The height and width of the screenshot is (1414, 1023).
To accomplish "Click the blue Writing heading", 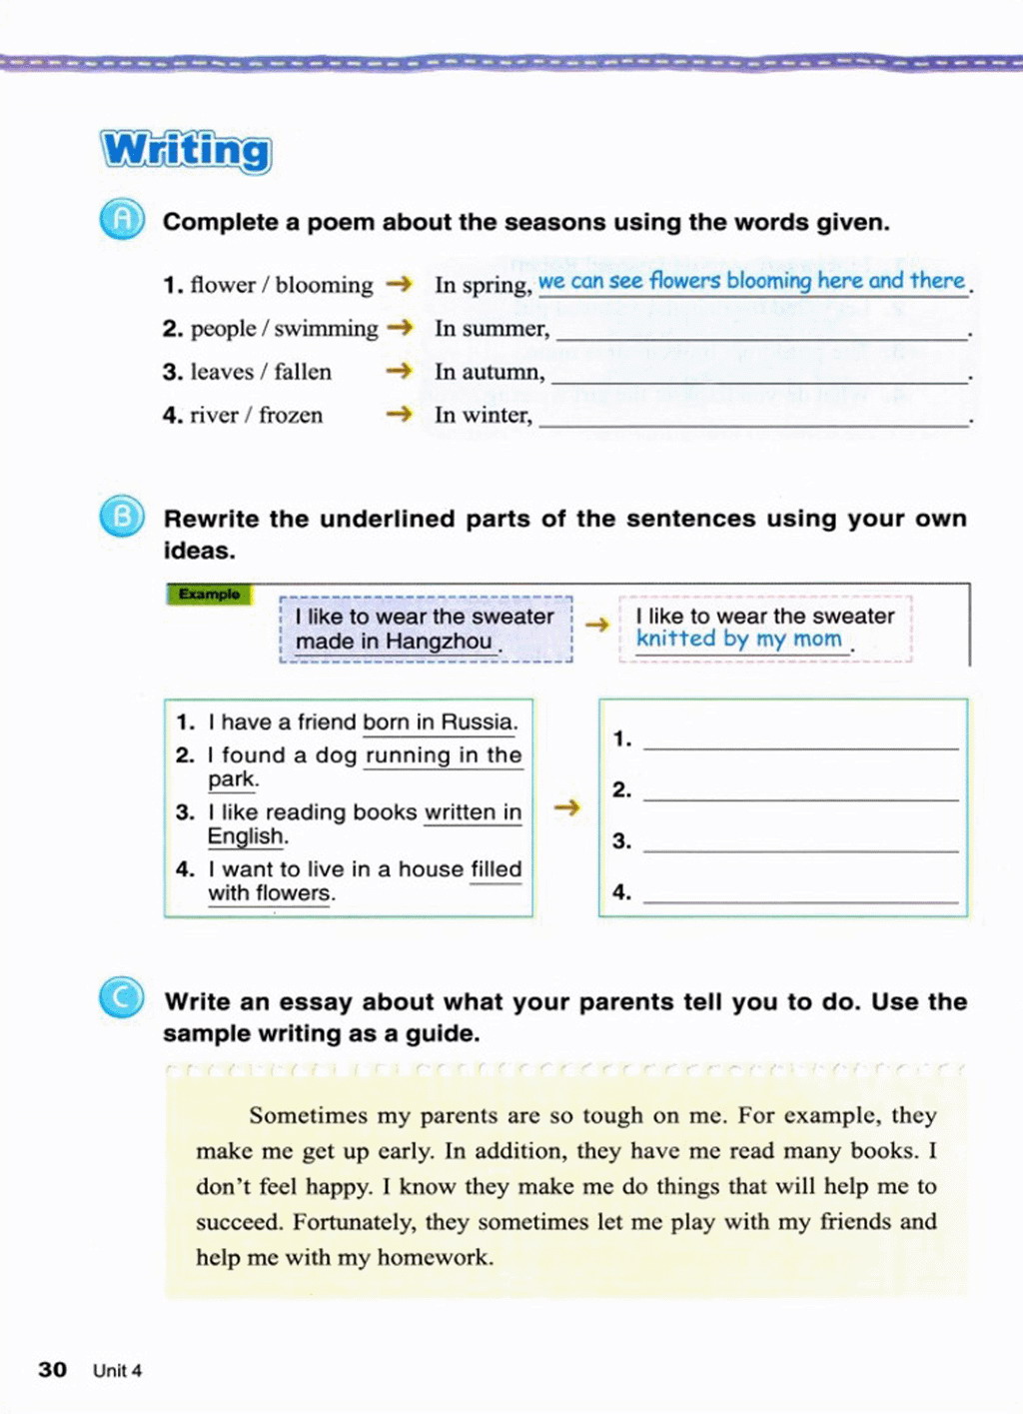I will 186,150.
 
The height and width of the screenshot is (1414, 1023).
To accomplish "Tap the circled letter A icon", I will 122,220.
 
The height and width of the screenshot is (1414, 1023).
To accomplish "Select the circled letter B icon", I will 122,517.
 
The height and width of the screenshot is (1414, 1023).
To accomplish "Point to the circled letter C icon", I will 122,998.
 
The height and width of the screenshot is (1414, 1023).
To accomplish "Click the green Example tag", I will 209,595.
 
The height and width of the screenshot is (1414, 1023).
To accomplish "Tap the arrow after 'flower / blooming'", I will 399,284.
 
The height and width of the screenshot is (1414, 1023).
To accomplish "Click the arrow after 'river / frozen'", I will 399,414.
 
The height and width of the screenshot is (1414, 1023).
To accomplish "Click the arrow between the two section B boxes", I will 566,806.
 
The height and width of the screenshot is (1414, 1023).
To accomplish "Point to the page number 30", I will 52,1369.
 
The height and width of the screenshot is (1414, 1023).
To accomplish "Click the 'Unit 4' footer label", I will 117,1370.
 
